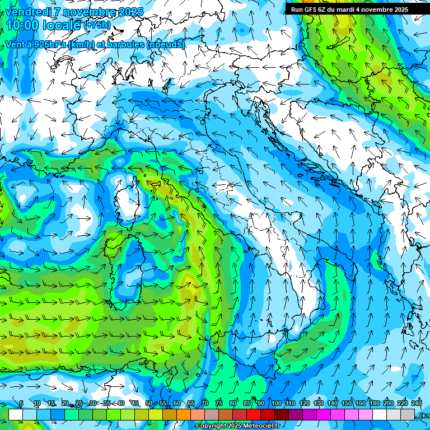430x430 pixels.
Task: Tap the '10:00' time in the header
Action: coord(23,25)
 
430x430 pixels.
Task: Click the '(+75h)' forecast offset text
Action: coord(97,25)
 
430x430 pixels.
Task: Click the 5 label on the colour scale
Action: coord(21,403)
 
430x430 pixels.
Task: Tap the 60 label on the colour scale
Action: coord(177,403)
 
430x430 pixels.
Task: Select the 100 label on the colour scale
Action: coord(277,403)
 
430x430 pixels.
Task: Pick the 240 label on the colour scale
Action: coord(417,403)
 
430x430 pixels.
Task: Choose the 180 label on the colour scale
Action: coord(373,403)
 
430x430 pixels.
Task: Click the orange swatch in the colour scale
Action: coord(184,414)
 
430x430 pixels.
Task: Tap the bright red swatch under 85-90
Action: coord(254,414)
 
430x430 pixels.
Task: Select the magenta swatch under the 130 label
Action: coord(324,414)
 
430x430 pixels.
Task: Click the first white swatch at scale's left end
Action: coord(16,414)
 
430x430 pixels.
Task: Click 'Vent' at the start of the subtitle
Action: coord(16,44)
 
